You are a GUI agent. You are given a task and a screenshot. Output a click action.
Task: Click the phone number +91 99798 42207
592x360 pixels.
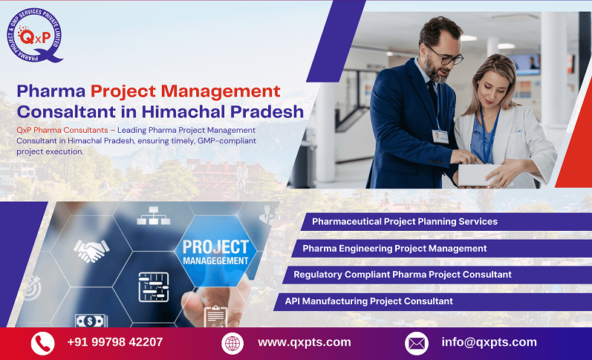point(114,342)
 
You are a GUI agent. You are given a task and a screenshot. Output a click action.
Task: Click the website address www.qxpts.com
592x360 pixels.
point(304,342)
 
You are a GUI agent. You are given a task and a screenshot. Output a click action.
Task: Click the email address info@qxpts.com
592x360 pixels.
point(488,342)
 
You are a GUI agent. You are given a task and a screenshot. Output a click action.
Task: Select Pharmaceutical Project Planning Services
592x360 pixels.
point(404,221)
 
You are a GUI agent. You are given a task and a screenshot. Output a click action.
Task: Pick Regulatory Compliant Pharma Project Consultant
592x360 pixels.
point(402,275)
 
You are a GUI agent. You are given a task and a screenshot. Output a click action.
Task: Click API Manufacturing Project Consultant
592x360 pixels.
point(368,301)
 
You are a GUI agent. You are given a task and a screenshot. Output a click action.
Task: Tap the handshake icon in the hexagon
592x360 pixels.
point(91,250)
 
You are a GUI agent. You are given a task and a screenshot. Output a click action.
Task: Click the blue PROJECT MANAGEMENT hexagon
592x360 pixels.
point(215,253)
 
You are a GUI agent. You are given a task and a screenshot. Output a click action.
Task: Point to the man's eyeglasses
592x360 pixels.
point(444,55)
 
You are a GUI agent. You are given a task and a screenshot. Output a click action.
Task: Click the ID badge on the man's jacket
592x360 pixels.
point(440,136)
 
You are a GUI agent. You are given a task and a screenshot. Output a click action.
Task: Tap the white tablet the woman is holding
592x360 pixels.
point(476,174)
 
